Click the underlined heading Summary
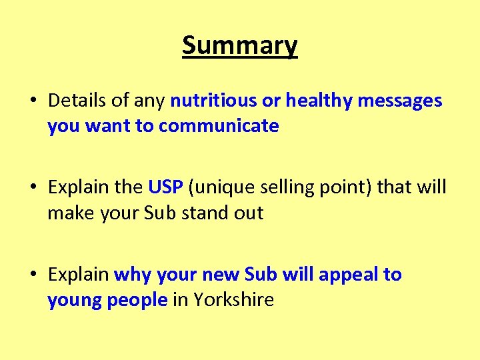[x=240, y=46]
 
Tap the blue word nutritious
[x=213, y=101]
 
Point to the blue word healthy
[x=319, y=101]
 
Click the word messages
[x=400, y=101]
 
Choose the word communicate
[x=219, y=126]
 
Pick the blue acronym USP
[x=166, y=187]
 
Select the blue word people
[x=136, y=300]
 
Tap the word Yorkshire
[x=233, y=300]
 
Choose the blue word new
[x=220, y=275]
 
